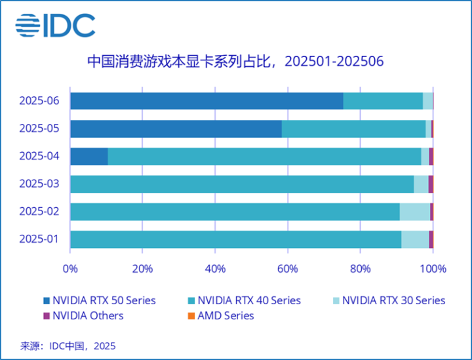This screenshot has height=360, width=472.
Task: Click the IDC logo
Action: (x=56, y=26)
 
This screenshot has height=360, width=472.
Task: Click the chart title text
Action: (x=235, y=62)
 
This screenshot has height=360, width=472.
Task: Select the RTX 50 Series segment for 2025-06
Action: (x=206, y=100)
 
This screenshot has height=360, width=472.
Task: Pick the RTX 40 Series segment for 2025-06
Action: (x=383, y=100)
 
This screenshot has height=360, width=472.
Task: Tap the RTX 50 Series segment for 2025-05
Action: (x=176, y=129)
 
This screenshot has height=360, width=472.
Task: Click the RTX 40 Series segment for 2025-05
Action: (x=353, y=129)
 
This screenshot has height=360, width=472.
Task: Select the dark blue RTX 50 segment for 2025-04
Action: (x=88, y=156)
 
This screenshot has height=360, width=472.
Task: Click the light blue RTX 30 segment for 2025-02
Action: (x=414, y=211)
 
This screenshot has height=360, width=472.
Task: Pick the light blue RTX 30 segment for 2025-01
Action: (x=415, y=239)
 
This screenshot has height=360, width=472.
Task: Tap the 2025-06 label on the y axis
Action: (x=39, y=100)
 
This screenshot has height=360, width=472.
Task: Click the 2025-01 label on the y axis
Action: (x=39, y=239)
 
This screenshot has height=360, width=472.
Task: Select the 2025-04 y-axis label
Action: (x=39, y=156)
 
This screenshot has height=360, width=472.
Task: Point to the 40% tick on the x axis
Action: (x=215, y=268)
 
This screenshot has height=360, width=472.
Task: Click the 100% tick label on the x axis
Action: (x=433, y=268)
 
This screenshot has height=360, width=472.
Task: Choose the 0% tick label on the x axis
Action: (x=70, y=268)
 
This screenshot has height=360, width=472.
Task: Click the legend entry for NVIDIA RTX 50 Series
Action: (x=99, y=300)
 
